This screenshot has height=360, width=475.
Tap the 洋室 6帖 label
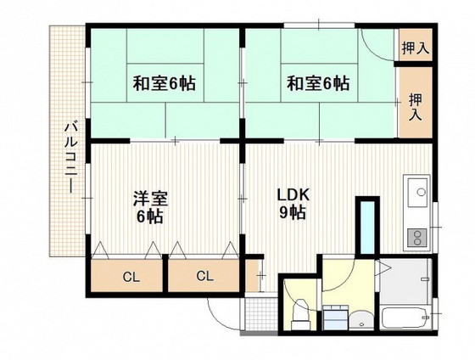pos(148,207)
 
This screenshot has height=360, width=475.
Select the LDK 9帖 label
pos(293,204)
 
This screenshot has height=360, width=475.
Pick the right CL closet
pos(204,276)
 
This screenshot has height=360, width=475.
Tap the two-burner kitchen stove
pos(416,235)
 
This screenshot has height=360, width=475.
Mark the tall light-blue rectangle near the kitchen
pos(366,225)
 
